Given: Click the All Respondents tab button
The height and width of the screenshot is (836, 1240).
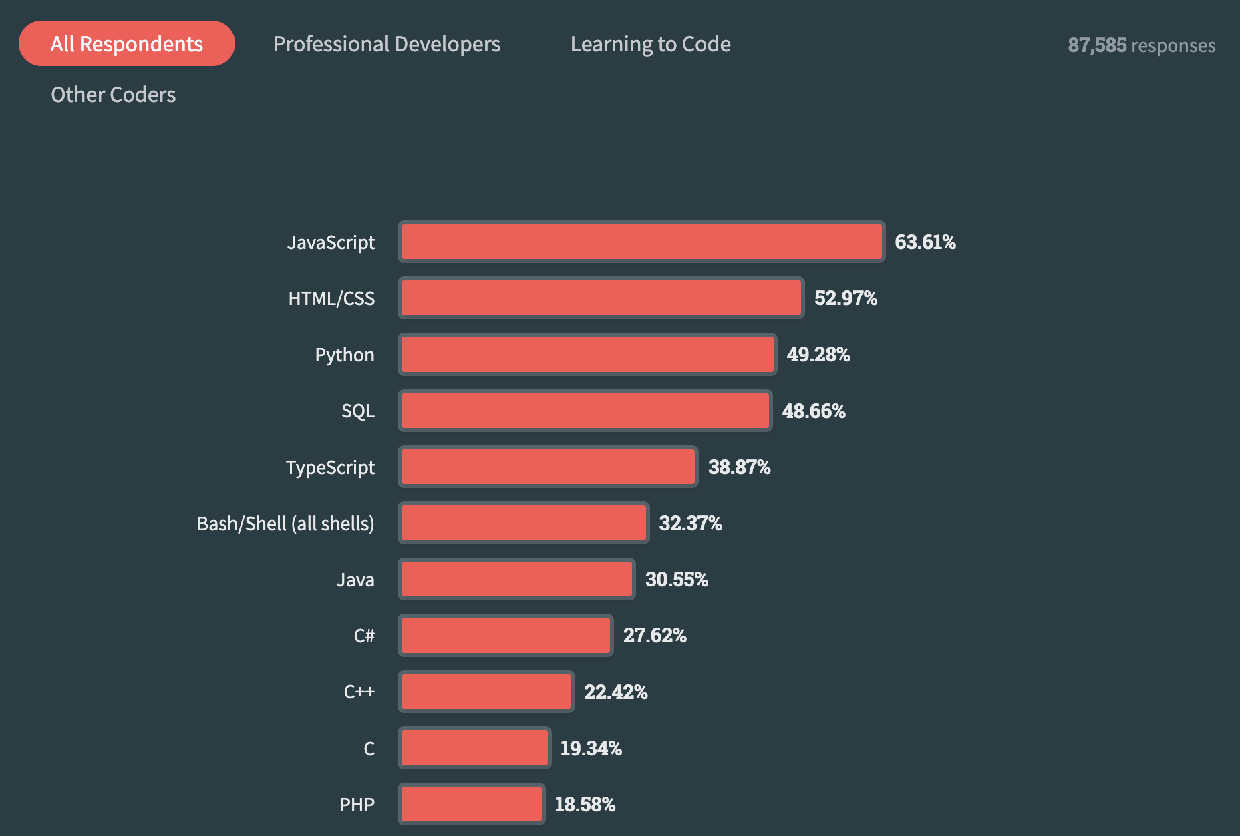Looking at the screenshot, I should tap(127, 44).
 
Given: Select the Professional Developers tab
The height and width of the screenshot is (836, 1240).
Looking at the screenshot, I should tap(386, 44).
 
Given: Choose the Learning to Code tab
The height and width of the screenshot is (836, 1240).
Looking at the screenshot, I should tap(650, 44).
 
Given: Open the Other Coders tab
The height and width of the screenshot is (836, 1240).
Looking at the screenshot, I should tap(114, 95).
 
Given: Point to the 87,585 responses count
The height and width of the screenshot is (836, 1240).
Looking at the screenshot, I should tap(1141, 45).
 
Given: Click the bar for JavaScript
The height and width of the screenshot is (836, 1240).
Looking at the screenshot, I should tap(641, 242).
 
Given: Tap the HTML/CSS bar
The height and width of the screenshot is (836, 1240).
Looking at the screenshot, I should tap(601, 298).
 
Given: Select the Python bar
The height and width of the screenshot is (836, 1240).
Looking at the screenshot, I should tap(587, 354).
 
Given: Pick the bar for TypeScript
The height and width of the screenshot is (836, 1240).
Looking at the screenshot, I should tap(548, 467).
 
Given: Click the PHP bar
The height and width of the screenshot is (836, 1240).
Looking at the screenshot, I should tap(472, 804).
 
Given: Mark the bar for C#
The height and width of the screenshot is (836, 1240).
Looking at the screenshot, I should tap(506, 635).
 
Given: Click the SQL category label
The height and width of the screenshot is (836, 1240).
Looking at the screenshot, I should tap(358, 411).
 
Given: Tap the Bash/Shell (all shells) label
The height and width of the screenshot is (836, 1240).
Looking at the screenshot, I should tap(285, 524).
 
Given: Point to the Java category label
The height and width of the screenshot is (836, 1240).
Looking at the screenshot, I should tap(355, 580).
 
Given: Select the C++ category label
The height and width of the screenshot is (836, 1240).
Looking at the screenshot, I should tap(359, 692).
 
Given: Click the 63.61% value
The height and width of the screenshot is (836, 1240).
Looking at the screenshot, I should tap(925, 242).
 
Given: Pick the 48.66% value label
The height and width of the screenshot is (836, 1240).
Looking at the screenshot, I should tap(814, 411).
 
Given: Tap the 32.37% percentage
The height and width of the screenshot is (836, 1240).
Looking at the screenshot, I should tap(690, 523).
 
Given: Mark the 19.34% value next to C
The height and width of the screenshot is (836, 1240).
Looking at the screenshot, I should tap(591, 748).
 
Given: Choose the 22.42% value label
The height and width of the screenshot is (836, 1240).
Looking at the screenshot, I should tap(615, 692).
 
